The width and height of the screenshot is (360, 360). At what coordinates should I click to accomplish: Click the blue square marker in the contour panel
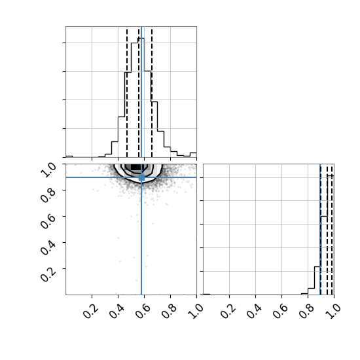[141, 177]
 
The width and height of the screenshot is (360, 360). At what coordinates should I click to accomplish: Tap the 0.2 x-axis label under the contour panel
[90, 312]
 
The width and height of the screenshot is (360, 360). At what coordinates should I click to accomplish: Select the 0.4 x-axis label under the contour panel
[117, 312]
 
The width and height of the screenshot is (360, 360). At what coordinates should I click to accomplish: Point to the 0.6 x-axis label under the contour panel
[143, 312]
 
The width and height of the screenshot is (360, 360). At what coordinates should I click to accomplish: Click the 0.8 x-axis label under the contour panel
[169, 312]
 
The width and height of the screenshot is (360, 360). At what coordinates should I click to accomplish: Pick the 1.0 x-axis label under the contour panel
[195, 312]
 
